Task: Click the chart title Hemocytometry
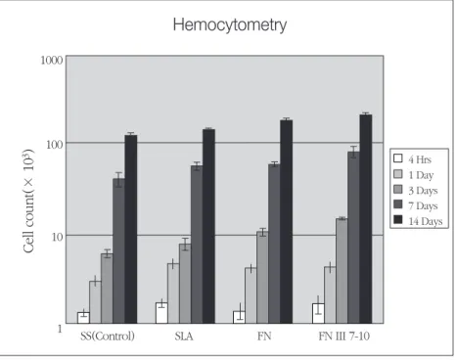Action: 230,25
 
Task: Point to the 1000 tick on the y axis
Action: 52,60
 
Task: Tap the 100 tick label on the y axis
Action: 55,144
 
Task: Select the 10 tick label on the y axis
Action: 57,237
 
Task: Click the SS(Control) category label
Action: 108,336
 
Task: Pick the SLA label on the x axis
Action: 184,337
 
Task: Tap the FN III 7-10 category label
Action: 344,337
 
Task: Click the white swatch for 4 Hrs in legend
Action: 398,158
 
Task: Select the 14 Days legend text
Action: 426,221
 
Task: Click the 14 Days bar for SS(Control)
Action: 131,229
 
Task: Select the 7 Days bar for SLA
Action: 197,245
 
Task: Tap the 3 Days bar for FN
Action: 262,278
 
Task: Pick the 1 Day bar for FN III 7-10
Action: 330,295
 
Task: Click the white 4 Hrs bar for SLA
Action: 161,313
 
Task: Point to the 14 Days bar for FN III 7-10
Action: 366,219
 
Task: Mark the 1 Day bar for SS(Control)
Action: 95,302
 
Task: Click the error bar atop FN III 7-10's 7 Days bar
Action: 353,152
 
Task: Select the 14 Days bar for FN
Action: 287,222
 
